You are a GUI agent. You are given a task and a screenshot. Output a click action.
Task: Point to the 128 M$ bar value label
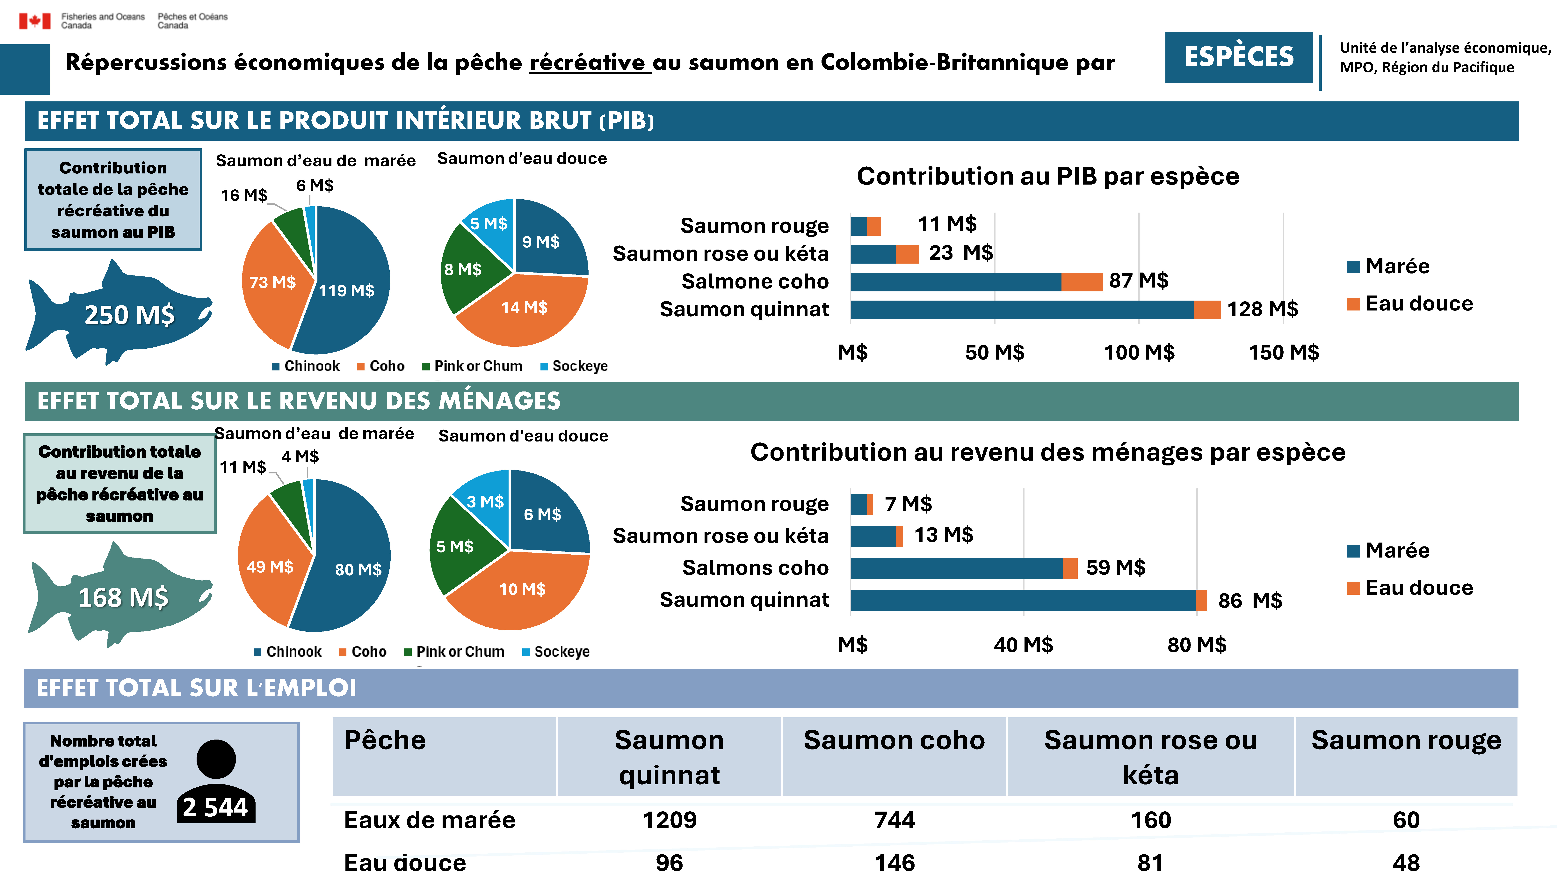pyautogui.click(x=1262, y=309)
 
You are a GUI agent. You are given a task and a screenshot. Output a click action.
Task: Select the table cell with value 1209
pyautogui.click(x=669, y=820)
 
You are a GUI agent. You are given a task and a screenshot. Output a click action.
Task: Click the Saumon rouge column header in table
pyautogui.click(x=1406, y=741)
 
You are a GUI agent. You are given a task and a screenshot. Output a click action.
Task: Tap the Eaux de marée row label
pyautogui.click(x=429, y=820)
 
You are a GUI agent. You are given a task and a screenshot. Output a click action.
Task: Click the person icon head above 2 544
pyautogui.click(x=216, y=759)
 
